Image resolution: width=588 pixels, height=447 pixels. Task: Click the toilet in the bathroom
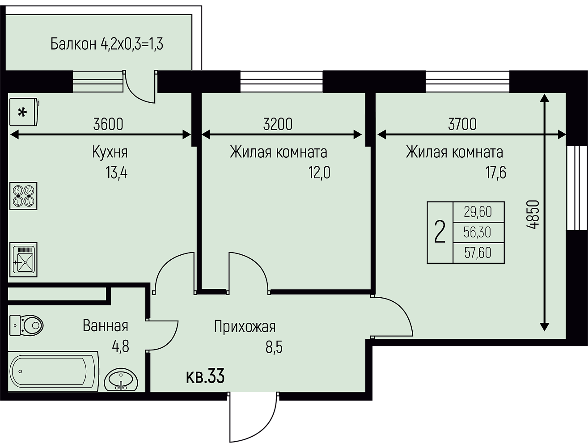[26, 325]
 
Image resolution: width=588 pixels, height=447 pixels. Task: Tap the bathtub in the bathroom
[53, 371]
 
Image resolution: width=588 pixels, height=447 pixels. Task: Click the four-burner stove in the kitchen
[23, 196]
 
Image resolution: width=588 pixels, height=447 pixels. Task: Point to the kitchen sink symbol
[23, 260]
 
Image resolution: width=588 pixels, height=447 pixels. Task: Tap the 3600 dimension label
[108, 124]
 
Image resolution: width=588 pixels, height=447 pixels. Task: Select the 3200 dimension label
[278, 124]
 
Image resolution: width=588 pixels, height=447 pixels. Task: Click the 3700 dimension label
[462, 124]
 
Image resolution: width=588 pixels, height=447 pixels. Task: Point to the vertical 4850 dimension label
[532, 215]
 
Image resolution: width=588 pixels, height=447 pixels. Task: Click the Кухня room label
[110, 152]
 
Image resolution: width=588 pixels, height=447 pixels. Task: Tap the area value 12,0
[319, 173]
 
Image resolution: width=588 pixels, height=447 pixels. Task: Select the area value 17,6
[496, 173]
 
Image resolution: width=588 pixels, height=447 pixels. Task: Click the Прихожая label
[245, 327]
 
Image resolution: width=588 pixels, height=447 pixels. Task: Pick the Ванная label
[105, 326]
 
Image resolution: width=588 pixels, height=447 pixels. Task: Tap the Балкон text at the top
[73, 44]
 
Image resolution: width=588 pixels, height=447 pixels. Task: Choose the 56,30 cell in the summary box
[478, 232]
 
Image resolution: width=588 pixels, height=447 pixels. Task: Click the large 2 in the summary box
[440, 232]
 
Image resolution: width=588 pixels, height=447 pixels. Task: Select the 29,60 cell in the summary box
[478, 212]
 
